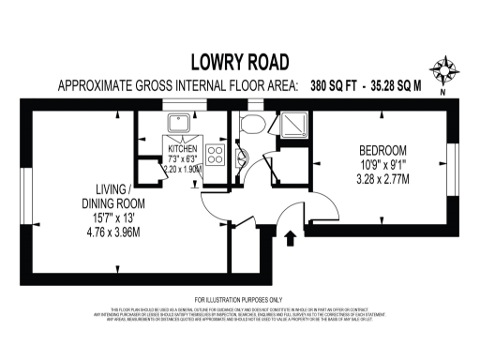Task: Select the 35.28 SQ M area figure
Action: (x=397, y=85)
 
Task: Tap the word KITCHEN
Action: (x=184, y=149)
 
